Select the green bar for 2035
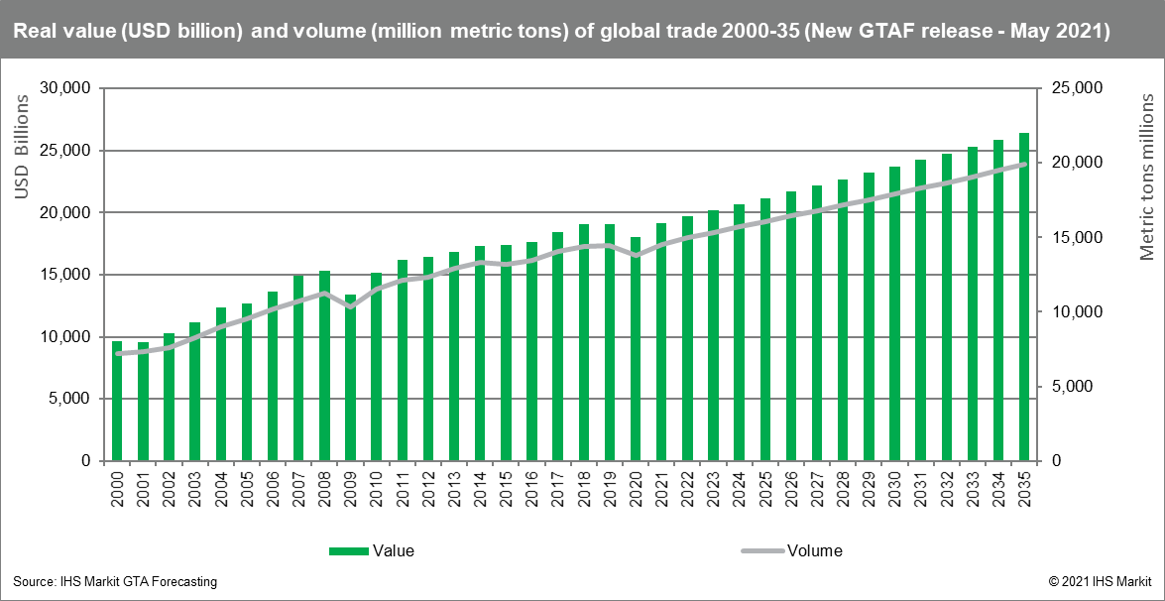pyautogui.click(x=1024, y=298)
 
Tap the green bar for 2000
pyautogui.click(x=117, y=402)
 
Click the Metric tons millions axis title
pyautogui.click(x=1146, y=176)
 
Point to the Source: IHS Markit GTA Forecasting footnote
pyautogui.click(x=115, y=581)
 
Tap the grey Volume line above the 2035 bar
pyautogui.click(x=1024, y=165)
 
